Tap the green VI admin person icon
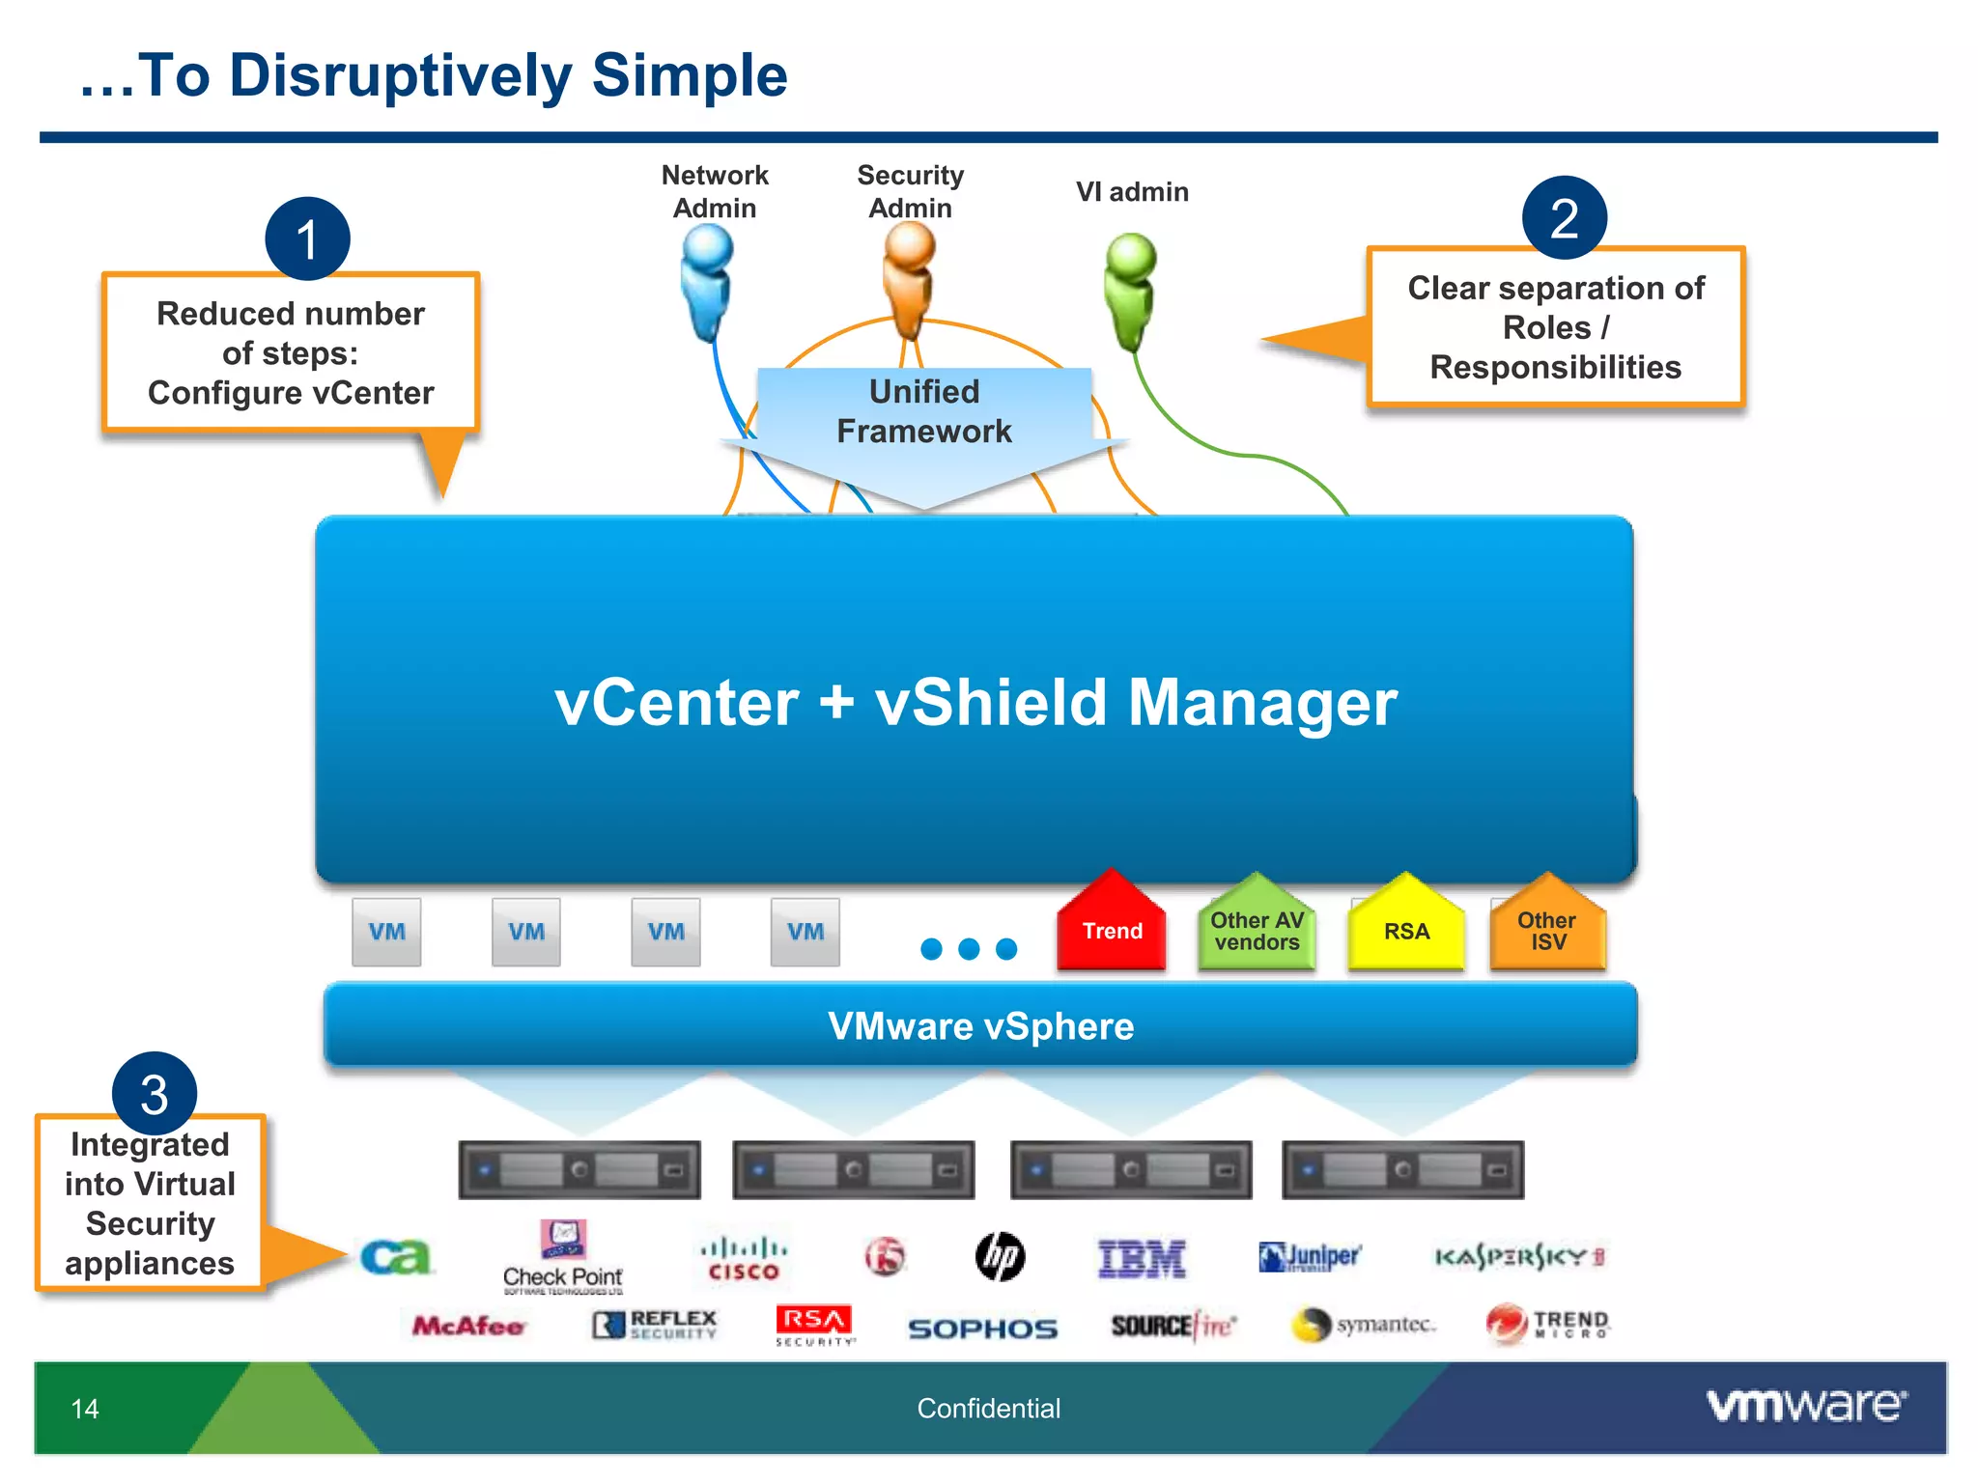click(x=1130, y=290)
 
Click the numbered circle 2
click(x=1564, y=218)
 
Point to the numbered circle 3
click(x=155, y=1094)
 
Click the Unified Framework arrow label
click(x=924, y=412)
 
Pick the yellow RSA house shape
click(x=1406, y=927)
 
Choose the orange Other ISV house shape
click(x=1547, y=927)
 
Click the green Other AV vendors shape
click(x=1257, y=927)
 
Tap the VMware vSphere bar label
click(x=980, y=1026)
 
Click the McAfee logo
click(x=468, y=1327)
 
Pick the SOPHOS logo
click(x=982, y=1329)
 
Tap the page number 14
click(x=85, y=1409)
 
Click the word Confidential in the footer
click(x=988, y=1409)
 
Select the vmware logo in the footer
click(x=1806, y=1406)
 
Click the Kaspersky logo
click(x=1518, y=1257)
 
